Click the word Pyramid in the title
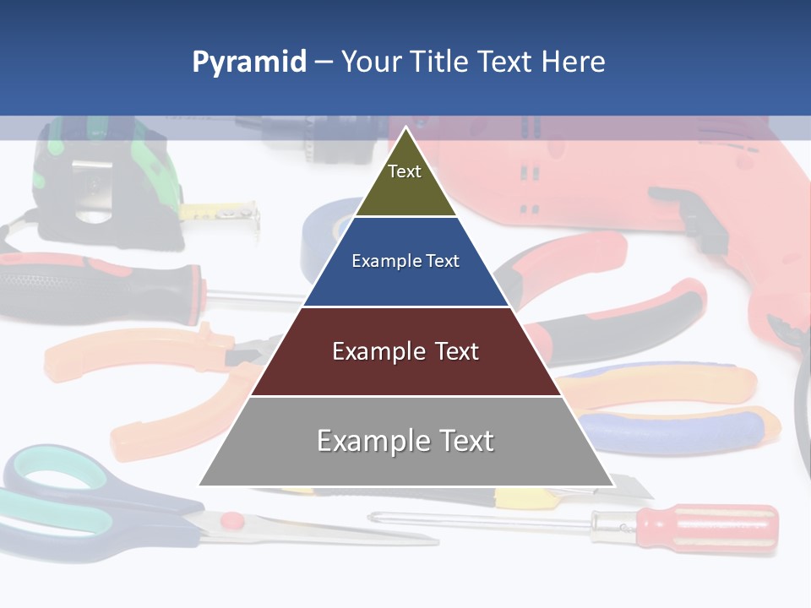coord(249,62)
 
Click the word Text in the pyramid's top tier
coord(405,171)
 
